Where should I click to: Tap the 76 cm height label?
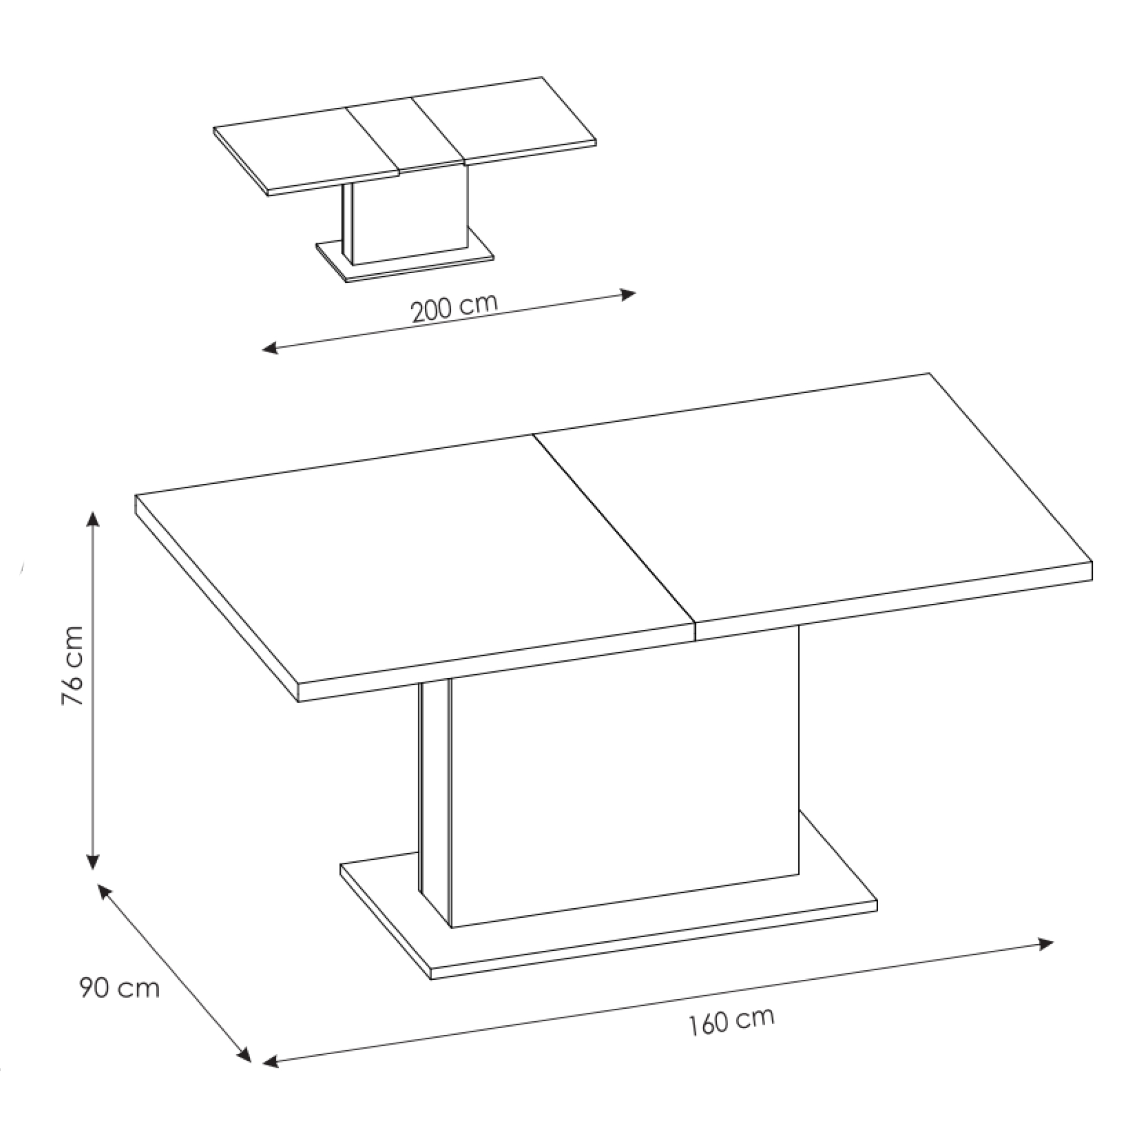73,666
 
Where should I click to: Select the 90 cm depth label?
119,988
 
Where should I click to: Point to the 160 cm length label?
732,1021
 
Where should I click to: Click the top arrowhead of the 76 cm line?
93,519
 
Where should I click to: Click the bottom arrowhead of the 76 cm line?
93,862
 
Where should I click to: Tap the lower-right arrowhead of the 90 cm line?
244,1055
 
